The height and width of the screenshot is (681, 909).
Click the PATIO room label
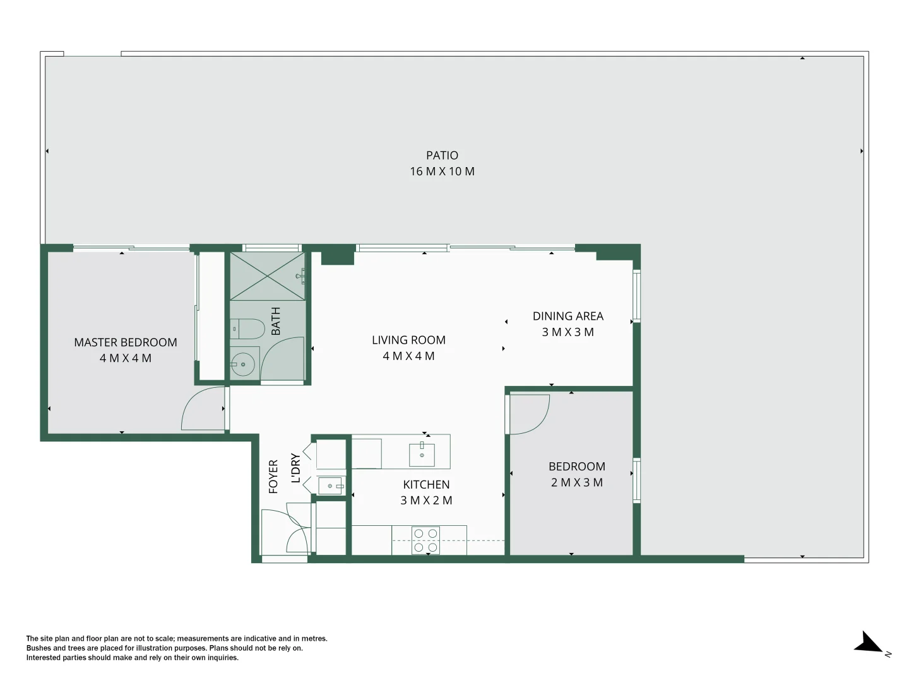coord(442,155)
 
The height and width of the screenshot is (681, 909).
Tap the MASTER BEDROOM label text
coord(126,342)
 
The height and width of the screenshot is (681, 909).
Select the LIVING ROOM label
coord(408,340)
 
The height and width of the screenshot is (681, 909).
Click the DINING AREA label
coord(567,316)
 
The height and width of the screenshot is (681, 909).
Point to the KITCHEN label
coord(426,484)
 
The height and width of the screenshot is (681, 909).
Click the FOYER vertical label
coord(273,476)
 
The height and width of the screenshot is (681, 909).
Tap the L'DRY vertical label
coord(295,468)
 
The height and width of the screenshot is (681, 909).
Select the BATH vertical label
coord(276,321)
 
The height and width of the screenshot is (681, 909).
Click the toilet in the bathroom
coord(247,329)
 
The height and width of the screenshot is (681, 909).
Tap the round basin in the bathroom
coord(243,364)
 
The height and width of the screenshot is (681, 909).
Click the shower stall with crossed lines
coord(267,276)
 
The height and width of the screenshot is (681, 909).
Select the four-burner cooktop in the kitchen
coord(425,540)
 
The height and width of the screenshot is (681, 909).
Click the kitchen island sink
coord(422,453)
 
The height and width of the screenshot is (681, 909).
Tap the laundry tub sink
coord(330,486)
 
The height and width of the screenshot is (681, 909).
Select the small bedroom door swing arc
coord(530,414)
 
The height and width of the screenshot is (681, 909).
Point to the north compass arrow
coord(870,643)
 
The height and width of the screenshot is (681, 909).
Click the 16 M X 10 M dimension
coord(442,172)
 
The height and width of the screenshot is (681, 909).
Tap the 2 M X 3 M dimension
coord(576,482)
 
